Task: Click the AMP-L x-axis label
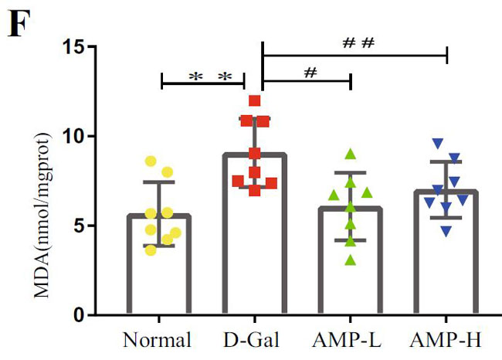350,341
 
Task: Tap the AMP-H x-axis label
446,341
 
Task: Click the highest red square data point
255,100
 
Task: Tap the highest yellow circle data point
151,161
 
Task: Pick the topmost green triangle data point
350,153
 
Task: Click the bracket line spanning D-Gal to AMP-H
355,56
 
